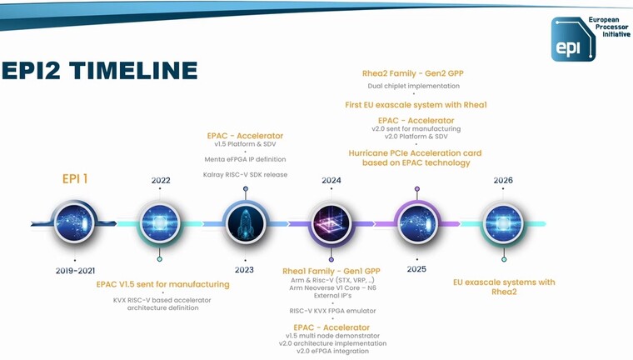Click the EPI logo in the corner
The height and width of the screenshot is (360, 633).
(x=573, y=39)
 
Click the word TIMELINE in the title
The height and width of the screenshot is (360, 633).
(x=133, y=70)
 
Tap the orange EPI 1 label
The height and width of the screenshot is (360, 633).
(x=75, y=178)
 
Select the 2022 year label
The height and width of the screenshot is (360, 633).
(x=161, y=180)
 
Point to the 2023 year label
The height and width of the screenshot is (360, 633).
(x=244, y=269)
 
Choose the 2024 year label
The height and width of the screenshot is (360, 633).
(x=331, y=180)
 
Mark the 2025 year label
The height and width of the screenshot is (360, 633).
(x=416, y=269)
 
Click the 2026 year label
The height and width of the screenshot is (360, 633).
(x=503, y=180)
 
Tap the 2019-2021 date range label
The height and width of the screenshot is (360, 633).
(x=75, y=271)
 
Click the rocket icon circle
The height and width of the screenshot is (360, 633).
(x=246, y=223)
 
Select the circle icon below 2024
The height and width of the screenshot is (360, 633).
(x=331, y=223)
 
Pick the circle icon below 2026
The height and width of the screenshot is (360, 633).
(x=503, y=223)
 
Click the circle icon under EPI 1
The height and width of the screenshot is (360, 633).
(x=74, y=222)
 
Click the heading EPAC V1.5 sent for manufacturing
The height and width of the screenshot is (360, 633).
(x=162, y=284)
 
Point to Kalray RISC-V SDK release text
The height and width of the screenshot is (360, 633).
(x=245, y=174)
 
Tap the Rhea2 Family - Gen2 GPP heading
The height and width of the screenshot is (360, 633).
(x=413, y=73)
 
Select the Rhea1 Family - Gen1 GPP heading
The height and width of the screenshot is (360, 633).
(x=331, y=271)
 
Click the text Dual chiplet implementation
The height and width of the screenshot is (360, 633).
(x=413, y=86)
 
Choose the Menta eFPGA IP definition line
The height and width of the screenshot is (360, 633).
(x=245, y=159)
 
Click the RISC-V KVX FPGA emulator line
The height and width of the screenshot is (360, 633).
(x=332, y=311)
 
